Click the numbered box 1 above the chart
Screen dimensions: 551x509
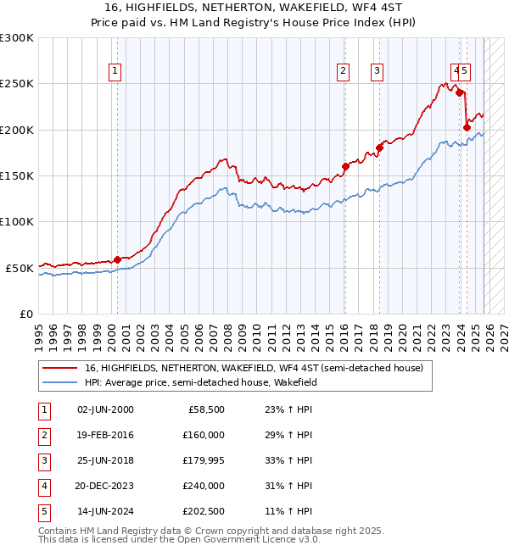115,71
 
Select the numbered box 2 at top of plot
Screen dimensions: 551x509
344,71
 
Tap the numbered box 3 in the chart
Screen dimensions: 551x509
377,71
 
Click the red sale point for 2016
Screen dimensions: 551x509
345,166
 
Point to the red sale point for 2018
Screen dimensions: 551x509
379,148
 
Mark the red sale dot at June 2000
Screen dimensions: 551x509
117,259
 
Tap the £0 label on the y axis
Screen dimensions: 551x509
25,314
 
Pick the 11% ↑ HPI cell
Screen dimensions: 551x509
288,510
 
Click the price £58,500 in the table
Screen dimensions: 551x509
207,409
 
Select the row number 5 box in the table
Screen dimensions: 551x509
43,510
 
